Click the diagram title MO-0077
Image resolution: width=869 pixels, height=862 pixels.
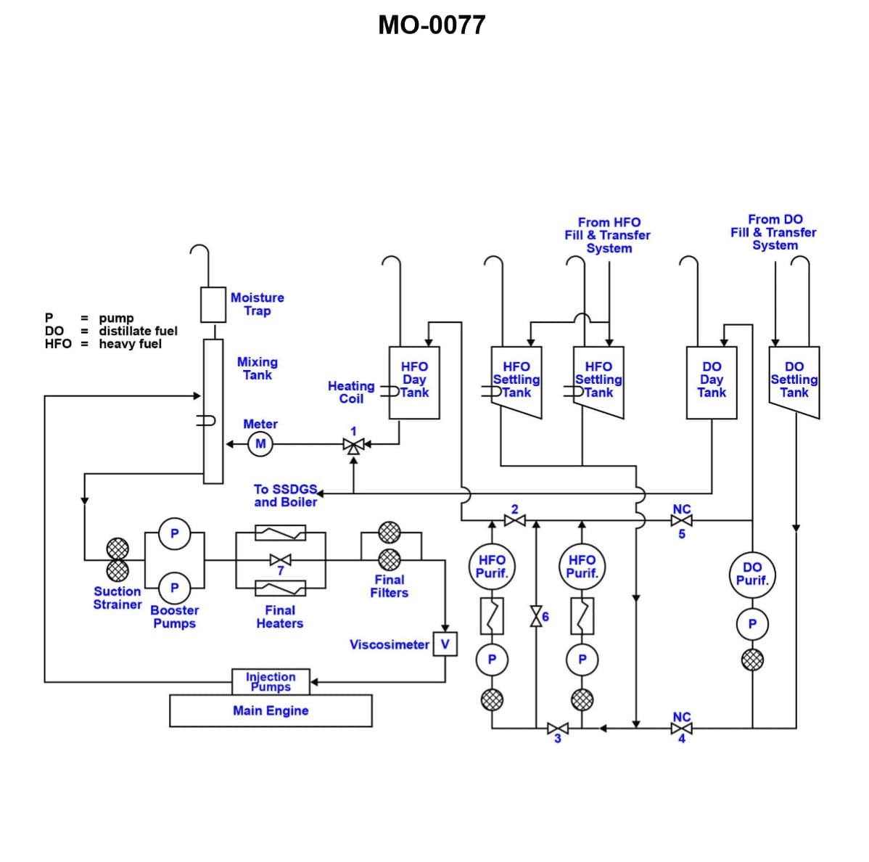click(x=432, y=25)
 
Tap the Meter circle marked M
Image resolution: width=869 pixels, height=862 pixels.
click(x=260, y=444)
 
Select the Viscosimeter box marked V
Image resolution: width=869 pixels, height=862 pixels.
click(x=445, y=644)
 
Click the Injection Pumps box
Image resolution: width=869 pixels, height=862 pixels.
click(x=271, y=681)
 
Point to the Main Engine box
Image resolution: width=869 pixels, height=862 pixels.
click(x=271, y=711)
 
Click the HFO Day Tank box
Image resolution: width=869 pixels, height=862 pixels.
click(x=414, y=382)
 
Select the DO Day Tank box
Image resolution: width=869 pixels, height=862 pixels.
click(x=712, y=382)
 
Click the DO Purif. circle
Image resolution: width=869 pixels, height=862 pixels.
click(x=752, y=574)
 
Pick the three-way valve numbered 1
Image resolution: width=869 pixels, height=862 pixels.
click(x=354, y=445)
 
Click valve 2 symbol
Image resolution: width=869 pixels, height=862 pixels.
click(x=515, y=521)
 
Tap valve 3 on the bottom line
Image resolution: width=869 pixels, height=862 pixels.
click(x=558, y=728)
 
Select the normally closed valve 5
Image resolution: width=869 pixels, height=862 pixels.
click(x=682, y=521)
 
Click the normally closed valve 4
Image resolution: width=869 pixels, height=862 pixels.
click(x=682, y=728)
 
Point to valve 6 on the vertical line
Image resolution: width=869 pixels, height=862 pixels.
click(x=536, y=616)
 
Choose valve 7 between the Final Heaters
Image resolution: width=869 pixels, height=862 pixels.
click(x=281, y=559)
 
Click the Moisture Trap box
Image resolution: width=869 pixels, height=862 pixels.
click(x=213, y=305)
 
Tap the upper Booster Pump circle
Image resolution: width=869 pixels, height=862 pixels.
click(x=174, y=533)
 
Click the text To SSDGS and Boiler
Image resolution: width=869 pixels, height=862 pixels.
click(x=285, y=496)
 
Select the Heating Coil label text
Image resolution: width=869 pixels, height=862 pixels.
click(x=351, y=393)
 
